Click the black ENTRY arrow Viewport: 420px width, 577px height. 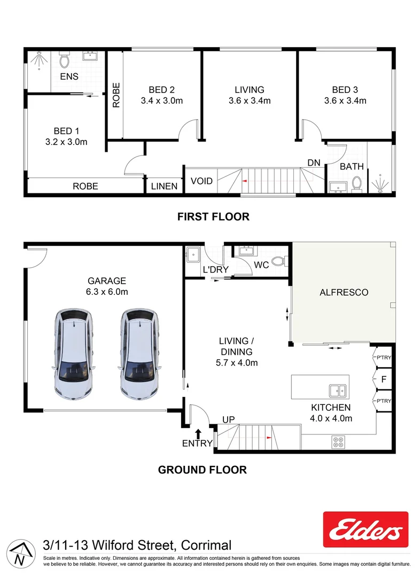198,433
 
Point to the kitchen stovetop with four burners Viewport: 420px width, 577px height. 338,442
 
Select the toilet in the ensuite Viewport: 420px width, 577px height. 64,57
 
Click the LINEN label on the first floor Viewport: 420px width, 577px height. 164,186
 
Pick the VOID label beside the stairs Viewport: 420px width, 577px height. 201,181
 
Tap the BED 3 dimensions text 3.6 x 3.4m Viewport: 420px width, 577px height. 345,100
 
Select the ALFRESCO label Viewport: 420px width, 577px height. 344,292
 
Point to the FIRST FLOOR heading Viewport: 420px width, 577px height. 213,216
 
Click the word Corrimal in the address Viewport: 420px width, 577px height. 206,545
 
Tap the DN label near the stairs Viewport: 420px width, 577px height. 313,162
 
